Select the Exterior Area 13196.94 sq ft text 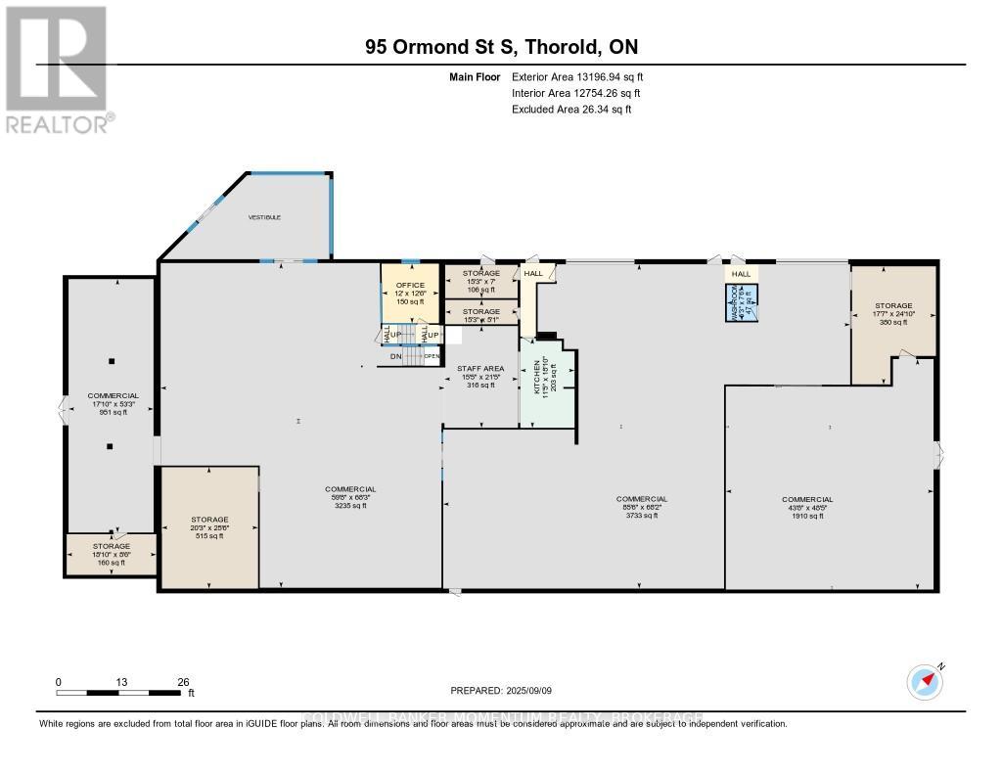pyautogui.click(x=577, y=76)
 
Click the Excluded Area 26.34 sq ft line pyautogui.click(x=571, y=110)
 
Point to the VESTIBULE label pyautogui.click(x=264, y=217)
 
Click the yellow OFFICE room pyautogui.click(x=409, y=293)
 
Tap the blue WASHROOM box pyautogui.click(x=741, y=303)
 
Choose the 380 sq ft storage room pyautogui.click(x=893, y=313)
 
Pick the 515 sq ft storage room pyautogui.click(x=209, y=527)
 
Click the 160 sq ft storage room pyautogui.click(x=111, y=554)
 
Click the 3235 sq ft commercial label pyautogui.click(x=350, y=497)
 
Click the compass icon pyautogui.click(x=924, y=681)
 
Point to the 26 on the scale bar pyautogui.click(x=183, y=681)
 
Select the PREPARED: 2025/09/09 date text pyautogui.click(x=501, y=690)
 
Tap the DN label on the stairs pyautogui.click(x=396, y=356)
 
